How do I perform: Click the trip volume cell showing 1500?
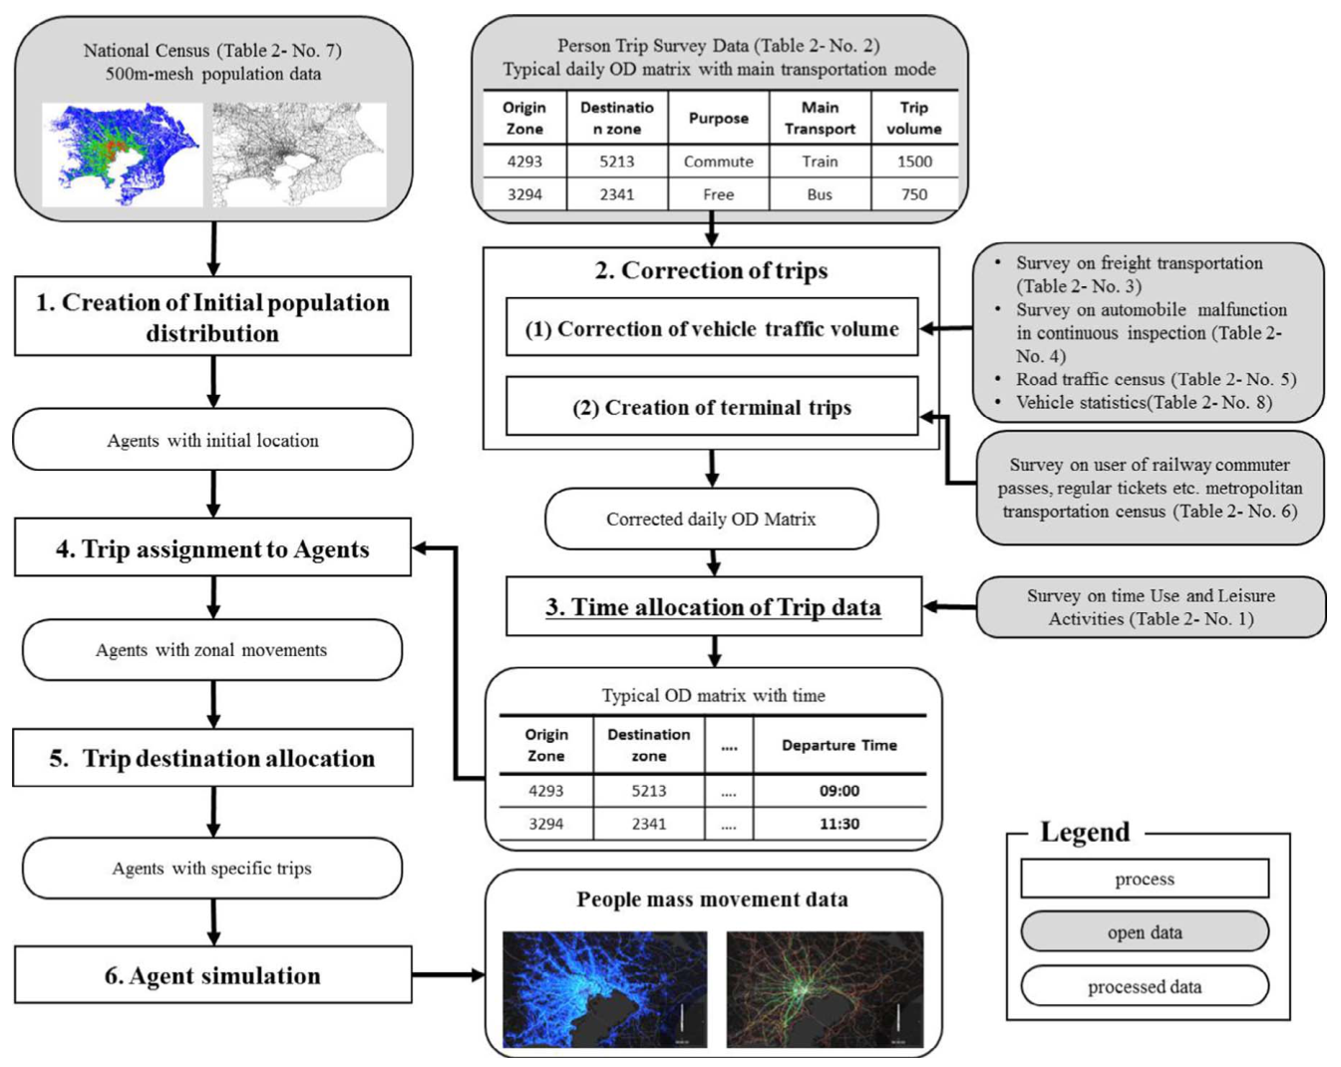pyautogui.click(x=914, y=162)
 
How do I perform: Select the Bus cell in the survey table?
pyautogui.click(x=820, y=194)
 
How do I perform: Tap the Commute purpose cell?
pyautogui.click(x=719, y=162)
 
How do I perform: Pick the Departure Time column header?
pyautogui.click(x=839, y=745)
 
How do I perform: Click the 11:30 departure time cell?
pyautogui.click(x=839, y=824)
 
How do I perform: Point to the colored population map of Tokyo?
pyautogui.click(x=122, y=155)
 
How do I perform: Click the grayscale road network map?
pyautogui.click(x=299, y=155)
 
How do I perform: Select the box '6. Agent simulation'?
pyautogui.click(x=213, y=975)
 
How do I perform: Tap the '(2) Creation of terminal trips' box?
pyautogui.click(x=712, y=407)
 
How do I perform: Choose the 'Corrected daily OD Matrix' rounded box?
pyautogui.click(x=712, y=519)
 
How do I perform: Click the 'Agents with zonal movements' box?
pyautogui.click(x=212, y=650)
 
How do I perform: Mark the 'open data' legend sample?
pyautogui.click(x=1145, y=932)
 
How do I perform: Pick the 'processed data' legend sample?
pyautogui.click(x=1145, y=986)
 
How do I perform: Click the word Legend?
pyautogui.click(x=1085, y=832)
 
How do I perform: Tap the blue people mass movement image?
pyautogui.click(x=605, y=989)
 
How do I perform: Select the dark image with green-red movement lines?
pyautogui.click(x=826, y=989)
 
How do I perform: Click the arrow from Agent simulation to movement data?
pyautogui.click(x=449, y=975)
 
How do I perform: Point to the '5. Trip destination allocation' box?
pyautogui.click(x=213, y=757)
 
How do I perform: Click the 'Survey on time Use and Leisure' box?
pyautogui.click(x=1151, y=607)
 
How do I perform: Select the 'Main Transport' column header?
pyautogui.click(x=820, y=118)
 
